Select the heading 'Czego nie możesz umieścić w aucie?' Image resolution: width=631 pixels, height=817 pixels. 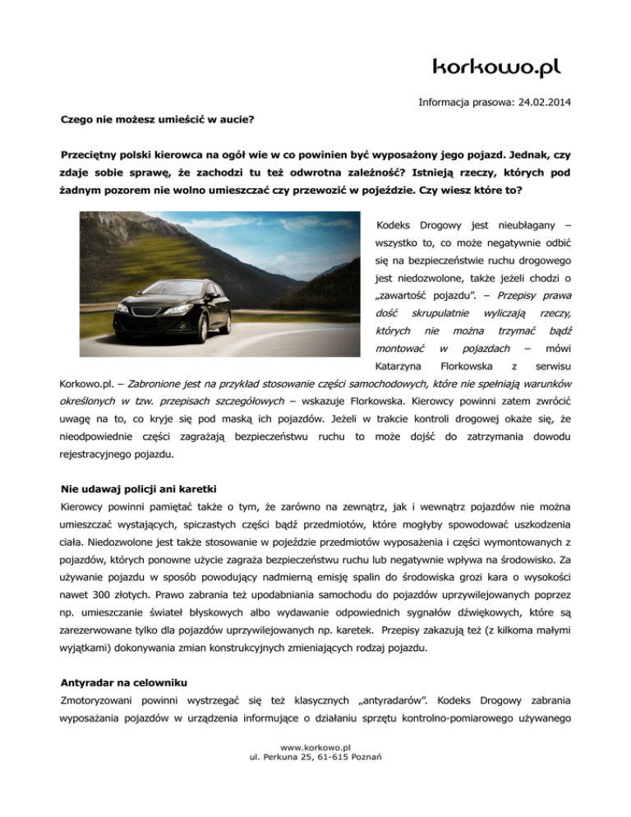(x=157, y=119)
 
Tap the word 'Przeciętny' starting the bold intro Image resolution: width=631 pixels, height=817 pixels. (x=94, y=155)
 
